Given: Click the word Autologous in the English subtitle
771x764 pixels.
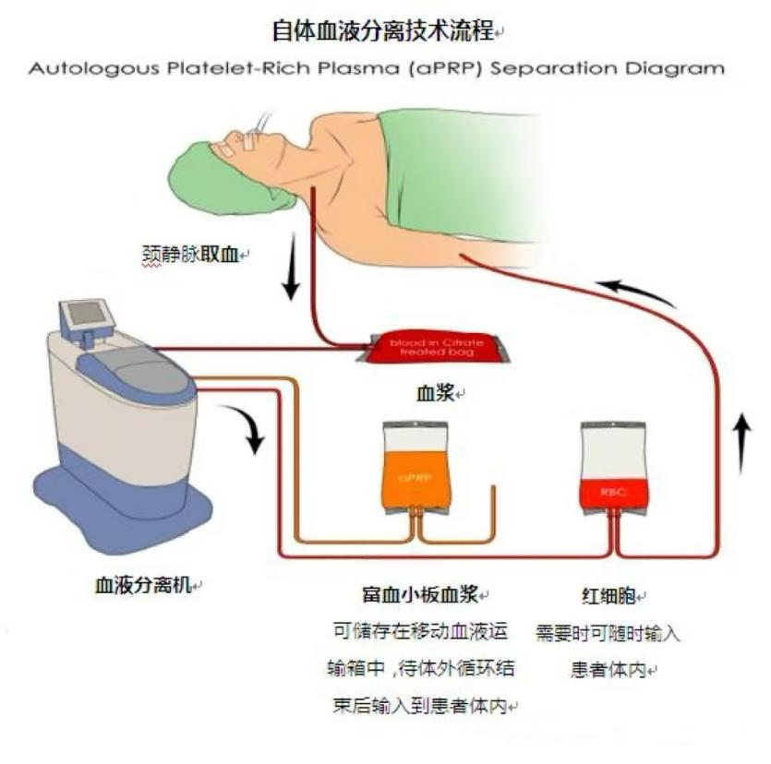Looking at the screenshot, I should [x=78, y=68].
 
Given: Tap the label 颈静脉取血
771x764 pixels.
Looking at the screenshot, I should [x=188, y=253].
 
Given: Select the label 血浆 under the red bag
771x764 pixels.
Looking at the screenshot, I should [x=437, y=393].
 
